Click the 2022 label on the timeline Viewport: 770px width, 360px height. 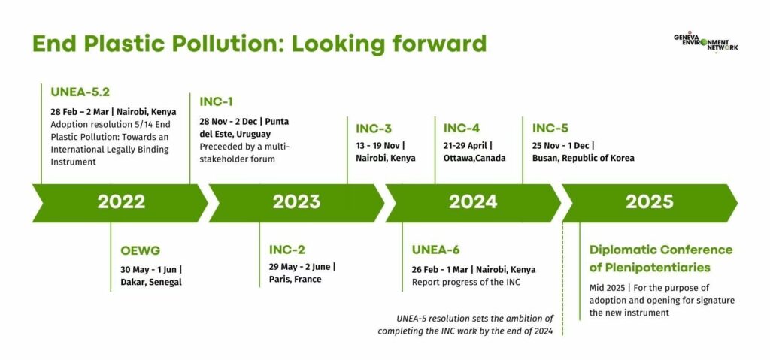[121, 202]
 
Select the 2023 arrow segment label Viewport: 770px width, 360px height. [296, 202]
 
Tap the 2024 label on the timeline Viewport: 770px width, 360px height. [473, 202]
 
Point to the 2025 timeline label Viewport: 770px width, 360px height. [649, 202]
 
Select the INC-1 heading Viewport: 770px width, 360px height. [216, 101]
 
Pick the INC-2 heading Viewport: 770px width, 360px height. [287, 250]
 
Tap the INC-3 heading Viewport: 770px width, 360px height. [374, 129]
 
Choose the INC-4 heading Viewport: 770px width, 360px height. [462, 129]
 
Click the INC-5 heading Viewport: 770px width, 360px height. [550, 129]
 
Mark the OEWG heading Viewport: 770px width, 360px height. [141, 250]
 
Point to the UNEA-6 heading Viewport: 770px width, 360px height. [435, 250]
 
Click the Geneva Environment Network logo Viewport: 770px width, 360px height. [705, 43]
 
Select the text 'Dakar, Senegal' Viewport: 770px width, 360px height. [150, 282]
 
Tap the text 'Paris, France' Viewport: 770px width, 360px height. [295, 280]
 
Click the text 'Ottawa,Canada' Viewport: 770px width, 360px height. [474, 158]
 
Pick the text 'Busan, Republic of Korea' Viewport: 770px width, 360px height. [584, 158]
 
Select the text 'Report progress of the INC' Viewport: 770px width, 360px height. [465, 283]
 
